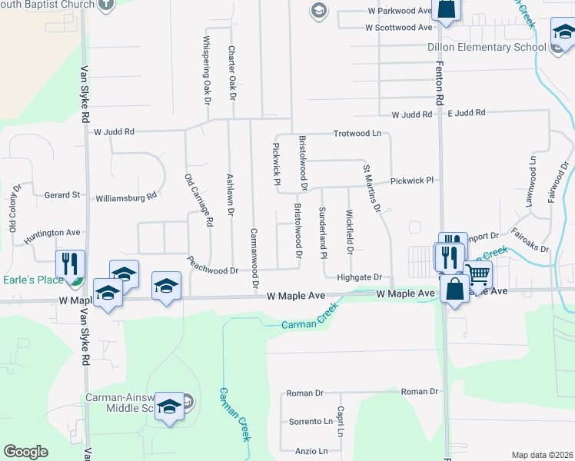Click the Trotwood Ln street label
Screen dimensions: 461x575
point(357,133)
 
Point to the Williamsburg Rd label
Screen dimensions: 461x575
point(126,197)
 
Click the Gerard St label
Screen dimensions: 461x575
point(62,195)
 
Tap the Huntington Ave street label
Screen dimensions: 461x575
point(52,232)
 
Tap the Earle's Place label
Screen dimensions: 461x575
point(33,279)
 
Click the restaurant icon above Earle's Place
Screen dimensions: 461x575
point(70,262)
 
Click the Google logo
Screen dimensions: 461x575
point(26,452)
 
